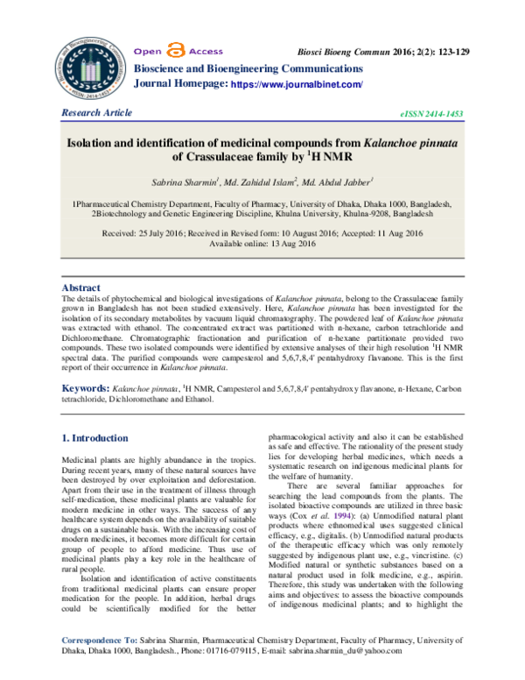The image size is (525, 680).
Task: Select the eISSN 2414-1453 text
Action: click(x=431, y=115)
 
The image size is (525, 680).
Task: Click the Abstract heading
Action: click(x=83, y=287)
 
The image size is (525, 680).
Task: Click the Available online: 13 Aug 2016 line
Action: click(x=262, y=244)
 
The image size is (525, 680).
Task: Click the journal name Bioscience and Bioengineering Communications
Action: click(x=246, y=67)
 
